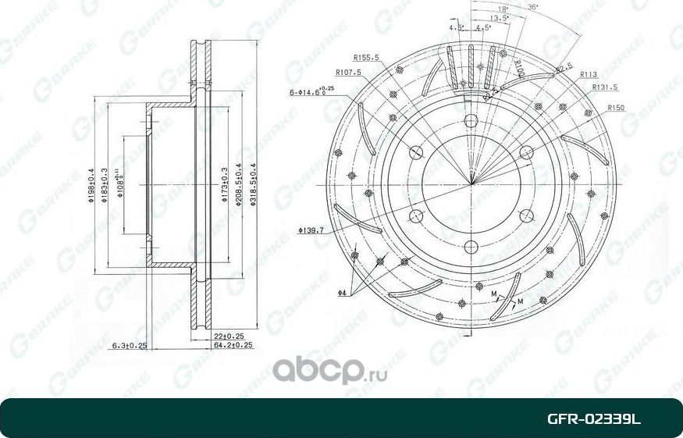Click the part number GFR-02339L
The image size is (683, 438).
pos(593,419)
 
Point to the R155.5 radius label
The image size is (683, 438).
pos(366,57)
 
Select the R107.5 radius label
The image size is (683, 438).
pos(357,73)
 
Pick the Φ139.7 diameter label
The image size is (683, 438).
pos(311,231)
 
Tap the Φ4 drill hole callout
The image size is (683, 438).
pos(342,293)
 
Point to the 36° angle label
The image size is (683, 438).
pos(532,7)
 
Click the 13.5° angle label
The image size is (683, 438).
pos(500,16)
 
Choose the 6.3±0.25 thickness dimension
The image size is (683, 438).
pos(130,344)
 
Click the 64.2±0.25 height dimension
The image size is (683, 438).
pos(233,344)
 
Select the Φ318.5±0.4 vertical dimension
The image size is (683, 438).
pos(252,185)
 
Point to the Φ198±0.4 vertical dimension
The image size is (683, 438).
pos(92,186)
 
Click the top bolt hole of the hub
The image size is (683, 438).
pos(471,121)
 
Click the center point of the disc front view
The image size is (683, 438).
pos(471,184)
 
